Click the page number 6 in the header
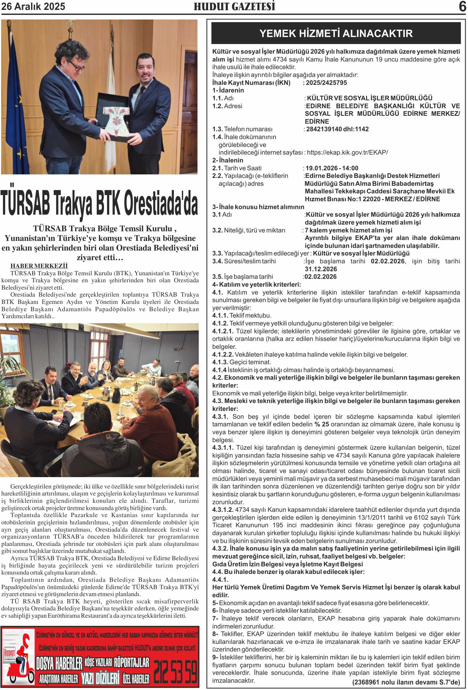462,6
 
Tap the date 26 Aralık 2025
33,6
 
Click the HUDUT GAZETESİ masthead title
234,6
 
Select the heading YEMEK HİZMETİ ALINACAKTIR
336,33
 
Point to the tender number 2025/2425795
326,83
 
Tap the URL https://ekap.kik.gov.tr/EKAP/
347,153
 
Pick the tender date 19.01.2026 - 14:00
332,168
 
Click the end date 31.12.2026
321,269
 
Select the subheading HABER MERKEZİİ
39,266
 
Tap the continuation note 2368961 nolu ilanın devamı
406,682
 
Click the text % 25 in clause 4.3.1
322,424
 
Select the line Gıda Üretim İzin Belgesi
287,564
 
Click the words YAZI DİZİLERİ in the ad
100,678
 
